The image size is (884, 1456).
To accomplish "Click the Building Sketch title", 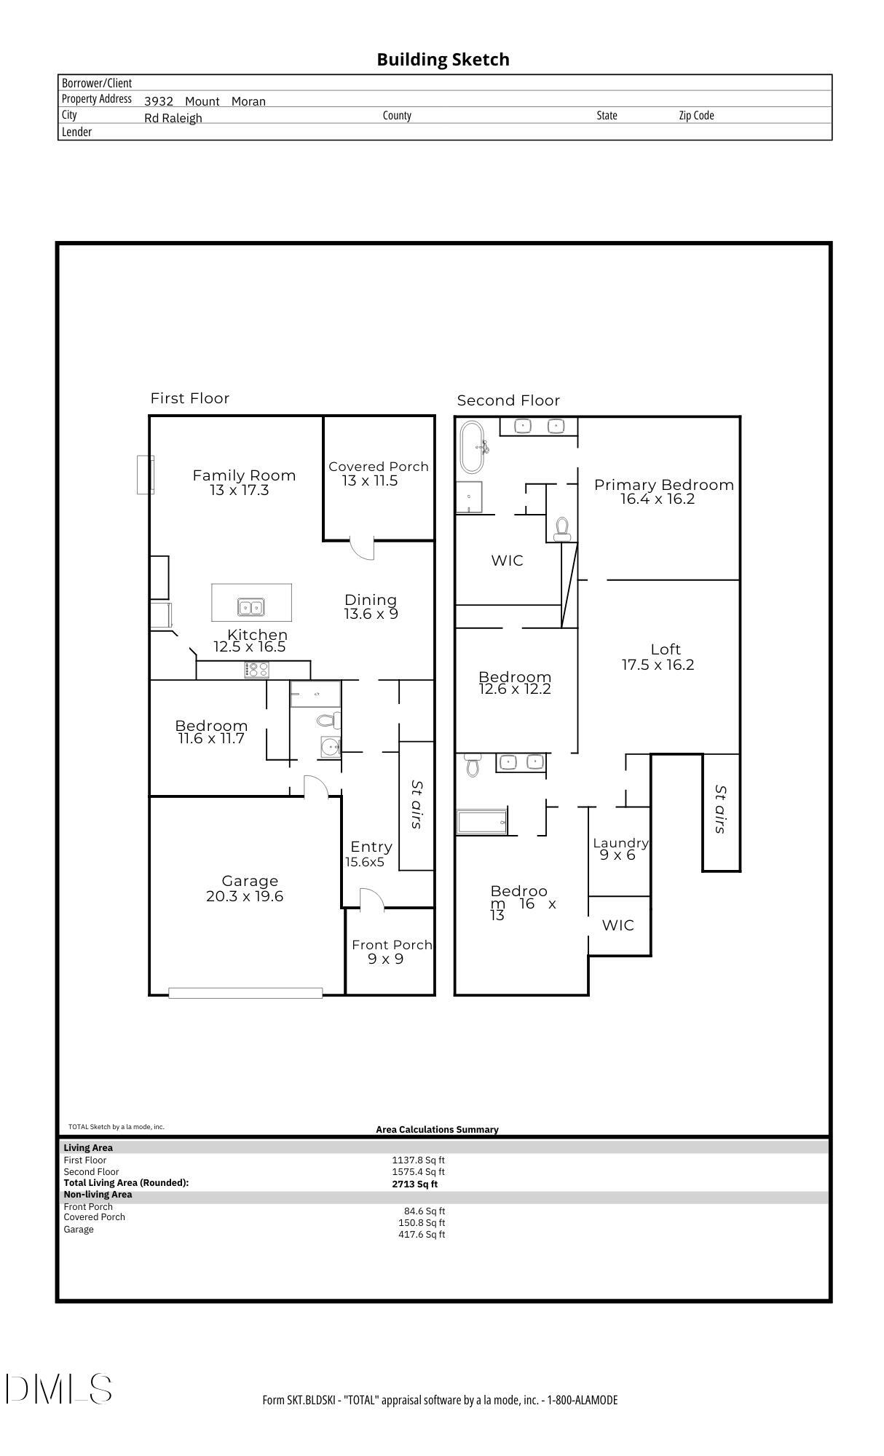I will tap(443, 60).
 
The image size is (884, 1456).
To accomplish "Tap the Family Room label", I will tap(244, 475).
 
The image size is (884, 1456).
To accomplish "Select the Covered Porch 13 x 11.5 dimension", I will tap(370, 480).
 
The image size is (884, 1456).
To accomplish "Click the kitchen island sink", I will tap(251, 606).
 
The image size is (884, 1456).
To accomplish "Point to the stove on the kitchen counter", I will tap(257, 669).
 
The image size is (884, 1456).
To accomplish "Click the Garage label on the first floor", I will tap(250, 881).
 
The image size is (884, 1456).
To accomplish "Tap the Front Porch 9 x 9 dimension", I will tap(385, 959).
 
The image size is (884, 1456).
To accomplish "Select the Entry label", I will tap(371, 847).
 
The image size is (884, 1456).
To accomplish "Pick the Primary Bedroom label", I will tap(663, 485).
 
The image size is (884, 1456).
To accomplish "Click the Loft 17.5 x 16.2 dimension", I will tap(658, 665).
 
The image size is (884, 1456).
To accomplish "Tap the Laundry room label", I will tap(620, 843).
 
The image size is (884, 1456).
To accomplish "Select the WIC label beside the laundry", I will tap(617, 925).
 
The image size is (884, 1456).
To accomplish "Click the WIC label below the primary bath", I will tap(507, 561).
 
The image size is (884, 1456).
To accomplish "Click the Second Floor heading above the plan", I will tap(508, 400).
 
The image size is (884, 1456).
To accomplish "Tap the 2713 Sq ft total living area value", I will tap(414, 1184).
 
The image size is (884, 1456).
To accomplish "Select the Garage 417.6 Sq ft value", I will tap(421, 1234).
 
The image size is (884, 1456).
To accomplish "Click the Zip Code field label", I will tap(696, 115).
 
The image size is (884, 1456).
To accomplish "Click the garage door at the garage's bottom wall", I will tap(245, 993).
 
